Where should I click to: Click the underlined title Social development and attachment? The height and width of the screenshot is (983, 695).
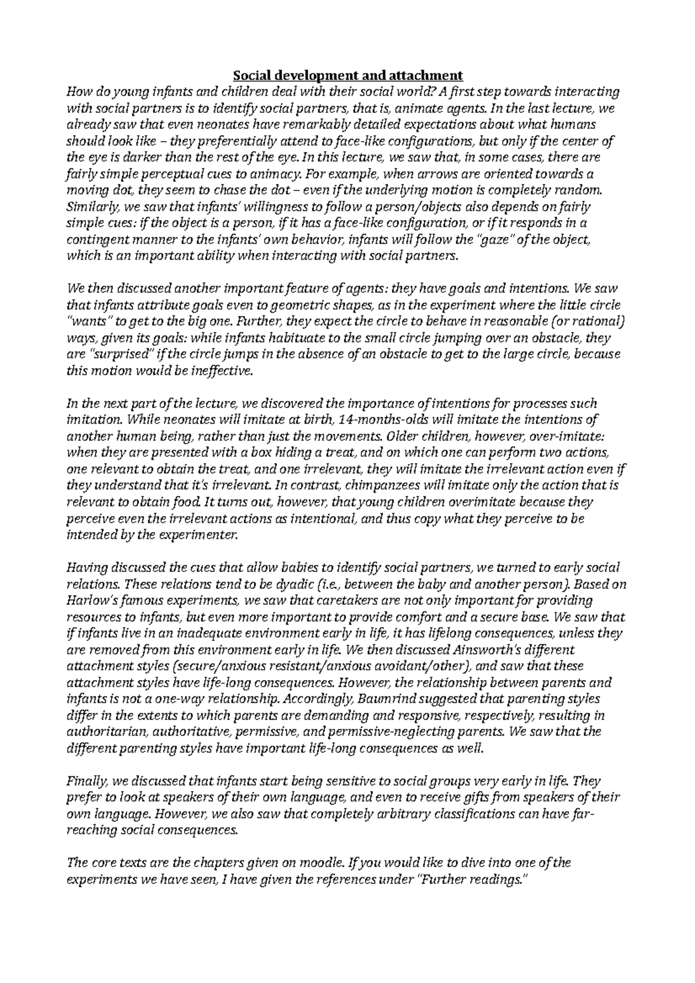click(348, 75)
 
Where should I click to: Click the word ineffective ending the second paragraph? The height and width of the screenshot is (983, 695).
click(222, 371)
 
